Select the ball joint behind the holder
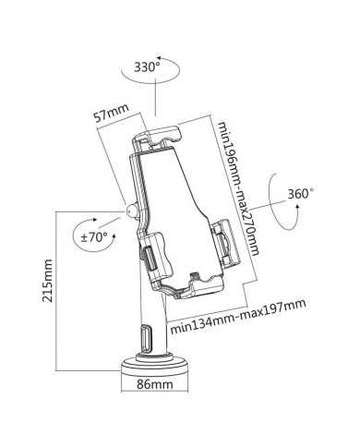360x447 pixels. click(x=128, y=211)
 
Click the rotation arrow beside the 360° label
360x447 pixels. click(x=277, y=201)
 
